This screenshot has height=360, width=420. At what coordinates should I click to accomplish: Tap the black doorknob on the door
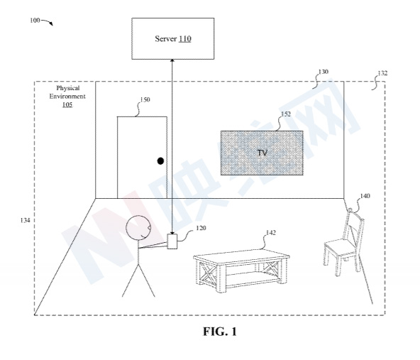coord(161,161)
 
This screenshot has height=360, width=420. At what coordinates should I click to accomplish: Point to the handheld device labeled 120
coord(172,242)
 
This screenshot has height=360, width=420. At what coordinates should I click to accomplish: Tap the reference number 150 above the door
coord(145,100)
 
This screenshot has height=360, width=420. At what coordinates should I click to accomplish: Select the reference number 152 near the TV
coord(285,114)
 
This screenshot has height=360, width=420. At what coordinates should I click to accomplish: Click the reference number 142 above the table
coord(270,231)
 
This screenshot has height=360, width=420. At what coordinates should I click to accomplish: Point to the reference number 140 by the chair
coord(365,195)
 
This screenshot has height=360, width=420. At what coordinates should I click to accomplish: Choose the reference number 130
coord(323,72)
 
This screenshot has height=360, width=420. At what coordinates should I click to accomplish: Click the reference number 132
coord(382,72)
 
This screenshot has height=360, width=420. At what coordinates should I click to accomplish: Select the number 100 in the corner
coord(35,21)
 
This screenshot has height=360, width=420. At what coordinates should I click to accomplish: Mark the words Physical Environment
coord(66,91)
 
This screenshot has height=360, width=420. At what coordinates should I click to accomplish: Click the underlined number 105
coord(66,104)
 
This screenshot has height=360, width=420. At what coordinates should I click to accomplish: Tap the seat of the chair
coord(340,248)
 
